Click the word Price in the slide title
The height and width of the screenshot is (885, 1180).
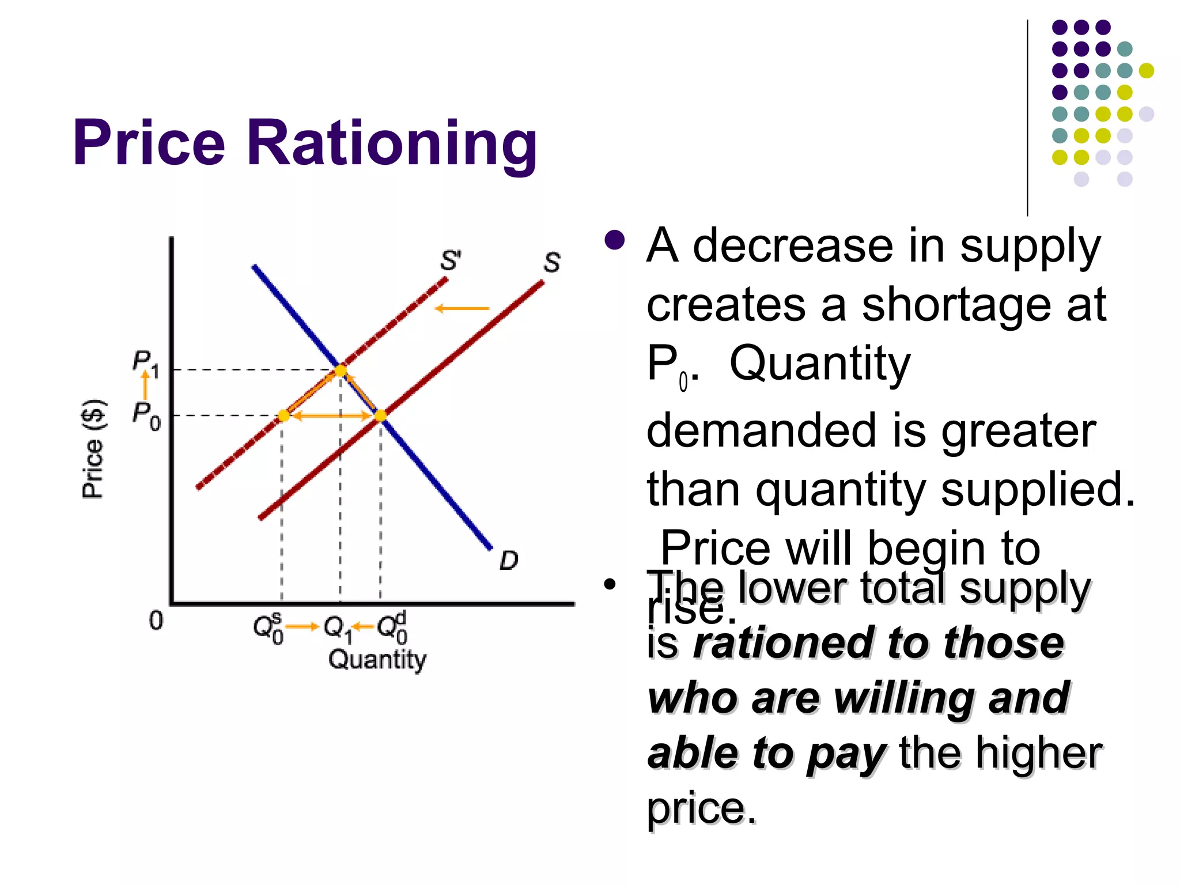149,143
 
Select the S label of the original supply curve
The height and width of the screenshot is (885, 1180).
551,263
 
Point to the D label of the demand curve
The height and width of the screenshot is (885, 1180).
509,560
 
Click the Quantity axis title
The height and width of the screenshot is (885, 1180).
377,659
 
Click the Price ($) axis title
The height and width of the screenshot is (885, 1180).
93,448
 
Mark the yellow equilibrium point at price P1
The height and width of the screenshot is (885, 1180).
341,370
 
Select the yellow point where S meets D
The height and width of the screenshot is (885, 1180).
380,415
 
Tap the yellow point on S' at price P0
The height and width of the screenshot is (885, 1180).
283,415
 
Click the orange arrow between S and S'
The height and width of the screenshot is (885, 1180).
462,309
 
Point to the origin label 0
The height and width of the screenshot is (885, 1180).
156,621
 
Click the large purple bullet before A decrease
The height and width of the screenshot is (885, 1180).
615,241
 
